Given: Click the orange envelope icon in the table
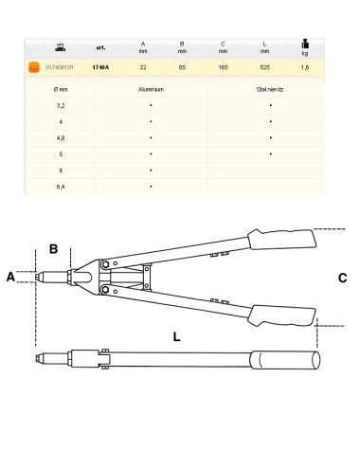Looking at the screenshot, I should click(x=34, y=68).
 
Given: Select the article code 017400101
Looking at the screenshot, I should click(x=60, y=68).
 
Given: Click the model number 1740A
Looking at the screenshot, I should click(x=100, y=68).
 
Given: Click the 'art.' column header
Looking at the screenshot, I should click(x=100, y=48).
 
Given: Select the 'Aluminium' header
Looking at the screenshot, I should click(x=151, y=86).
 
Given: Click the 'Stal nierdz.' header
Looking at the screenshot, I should click(x=271, y=86).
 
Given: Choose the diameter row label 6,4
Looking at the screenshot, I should click(x=61, y=187).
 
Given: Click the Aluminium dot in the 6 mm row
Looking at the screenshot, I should click(x=151, y=170).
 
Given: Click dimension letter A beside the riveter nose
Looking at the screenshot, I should click(x=11, y=277).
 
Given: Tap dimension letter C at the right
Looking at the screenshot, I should click(x=342, y=279).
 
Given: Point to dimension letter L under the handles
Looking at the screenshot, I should click(x=176, y=335).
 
